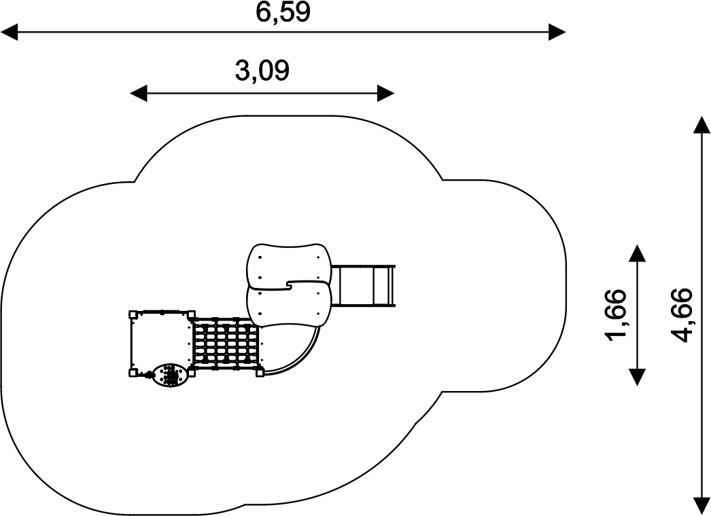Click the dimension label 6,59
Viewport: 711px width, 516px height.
click(283, 12)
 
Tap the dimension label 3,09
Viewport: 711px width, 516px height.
click(262, 71)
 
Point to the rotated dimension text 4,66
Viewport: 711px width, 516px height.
click(682, 314)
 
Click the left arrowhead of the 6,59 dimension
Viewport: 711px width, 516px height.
click(9, 32)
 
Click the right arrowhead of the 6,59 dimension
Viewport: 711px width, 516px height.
click(557, 32)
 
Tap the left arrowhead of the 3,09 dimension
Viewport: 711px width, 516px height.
click(139, 93)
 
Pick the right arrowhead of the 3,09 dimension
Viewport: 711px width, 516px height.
click(386, 93)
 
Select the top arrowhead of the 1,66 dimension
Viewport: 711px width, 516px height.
click(637, 254)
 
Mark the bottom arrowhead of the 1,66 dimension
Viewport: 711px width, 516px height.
click(637, 377)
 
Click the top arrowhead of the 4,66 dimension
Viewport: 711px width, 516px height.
click(701, 124)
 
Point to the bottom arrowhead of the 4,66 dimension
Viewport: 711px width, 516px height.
click(701, 506)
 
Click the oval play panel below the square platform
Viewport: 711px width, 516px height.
click(169, 375)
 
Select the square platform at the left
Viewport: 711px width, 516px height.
click(161, 342)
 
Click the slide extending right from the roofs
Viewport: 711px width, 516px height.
click(364, 285)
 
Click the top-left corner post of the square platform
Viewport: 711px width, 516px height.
click(133, 314)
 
